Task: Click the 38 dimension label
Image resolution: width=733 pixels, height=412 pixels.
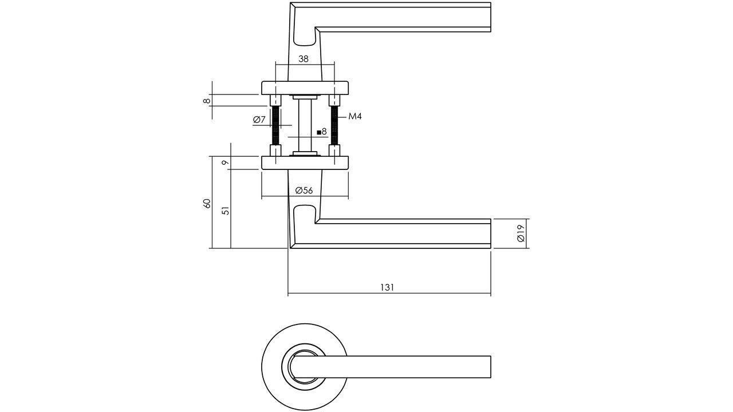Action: click(x=304, y=58)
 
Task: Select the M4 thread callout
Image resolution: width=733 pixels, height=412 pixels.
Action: click(x=355, y=117)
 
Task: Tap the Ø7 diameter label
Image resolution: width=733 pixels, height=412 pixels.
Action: click(x=259, y=120)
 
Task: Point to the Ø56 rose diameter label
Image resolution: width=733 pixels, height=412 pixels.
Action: click(x=304, y=191)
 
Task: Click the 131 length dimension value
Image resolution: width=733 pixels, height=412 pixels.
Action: click(x=387, y=287)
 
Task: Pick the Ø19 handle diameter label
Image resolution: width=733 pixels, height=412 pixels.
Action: click(x=520, y=233)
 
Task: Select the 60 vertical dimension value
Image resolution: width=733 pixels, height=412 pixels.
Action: click(x=207, y=204)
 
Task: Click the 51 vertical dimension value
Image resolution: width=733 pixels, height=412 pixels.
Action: click(x=226, y=210)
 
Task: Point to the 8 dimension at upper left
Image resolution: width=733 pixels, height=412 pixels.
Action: click(x=207, y=101)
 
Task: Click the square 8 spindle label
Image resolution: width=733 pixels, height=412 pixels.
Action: click(x=322, y=132)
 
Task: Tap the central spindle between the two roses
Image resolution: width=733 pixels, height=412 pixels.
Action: click(x=305, y=126)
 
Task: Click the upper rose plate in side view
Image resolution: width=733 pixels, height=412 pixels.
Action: click(x=305, y=88)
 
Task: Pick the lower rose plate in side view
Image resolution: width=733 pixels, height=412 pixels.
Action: click(x=305, y=163)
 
